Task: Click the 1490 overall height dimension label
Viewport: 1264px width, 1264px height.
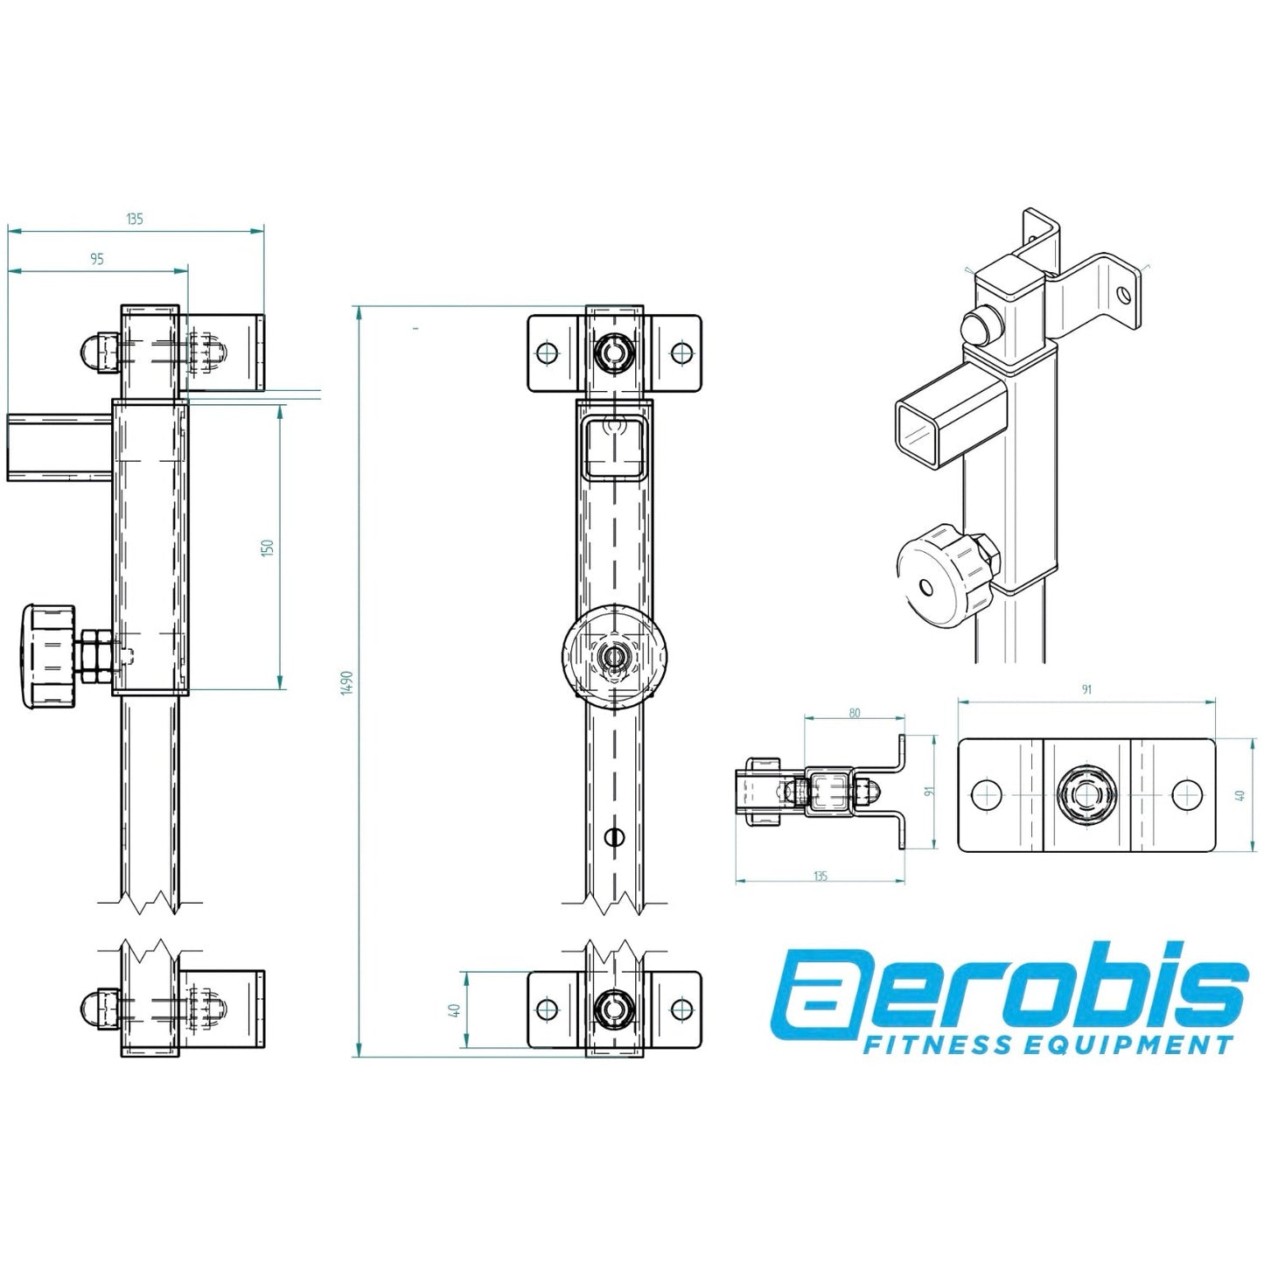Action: point(347,681)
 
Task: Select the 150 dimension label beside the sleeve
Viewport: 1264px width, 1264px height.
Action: point(269,548)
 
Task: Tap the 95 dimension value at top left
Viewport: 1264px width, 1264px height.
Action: point(96,259)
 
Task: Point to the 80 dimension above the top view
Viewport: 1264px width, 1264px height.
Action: point(854,714)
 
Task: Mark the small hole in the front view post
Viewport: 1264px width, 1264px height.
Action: point(615,837)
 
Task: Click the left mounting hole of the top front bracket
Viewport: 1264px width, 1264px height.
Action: point(548,353)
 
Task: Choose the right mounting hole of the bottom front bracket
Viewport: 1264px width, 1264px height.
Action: point(681,1009)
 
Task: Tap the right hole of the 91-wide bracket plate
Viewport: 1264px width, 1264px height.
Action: point(1185,794)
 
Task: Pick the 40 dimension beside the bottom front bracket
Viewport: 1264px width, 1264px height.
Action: point(454,1009)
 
